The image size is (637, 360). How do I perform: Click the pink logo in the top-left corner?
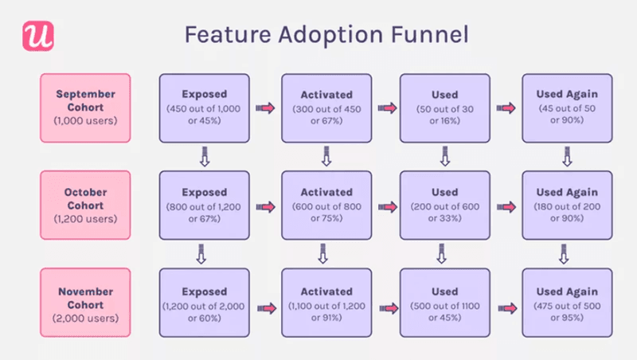35,37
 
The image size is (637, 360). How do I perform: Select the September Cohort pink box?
84,107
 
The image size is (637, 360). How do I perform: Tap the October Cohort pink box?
84,205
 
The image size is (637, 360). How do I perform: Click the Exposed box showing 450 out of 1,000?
205,107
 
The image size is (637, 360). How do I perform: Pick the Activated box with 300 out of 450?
326,107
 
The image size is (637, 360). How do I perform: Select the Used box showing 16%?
444,107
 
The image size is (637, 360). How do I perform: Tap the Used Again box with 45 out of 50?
566,107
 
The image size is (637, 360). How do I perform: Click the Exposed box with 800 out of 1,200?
205,205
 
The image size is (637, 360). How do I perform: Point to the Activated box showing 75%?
326,205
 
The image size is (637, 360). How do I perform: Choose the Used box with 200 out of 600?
444,205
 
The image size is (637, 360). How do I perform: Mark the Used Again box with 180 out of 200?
566,205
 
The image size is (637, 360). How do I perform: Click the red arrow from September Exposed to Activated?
265,108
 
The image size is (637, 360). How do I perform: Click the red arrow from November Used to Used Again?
505,304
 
